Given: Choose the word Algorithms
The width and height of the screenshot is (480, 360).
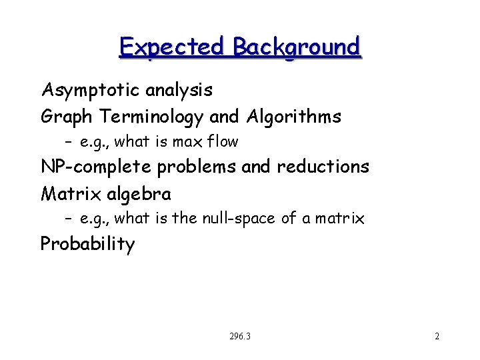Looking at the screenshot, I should click(x=293, y=117).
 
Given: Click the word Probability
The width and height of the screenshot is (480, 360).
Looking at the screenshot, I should click(x=87, y=244).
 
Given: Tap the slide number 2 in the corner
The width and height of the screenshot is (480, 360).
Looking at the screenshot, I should click(x=437, y=337).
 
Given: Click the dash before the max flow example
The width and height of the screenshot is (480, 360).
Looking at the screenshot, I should click(x=69, y=142).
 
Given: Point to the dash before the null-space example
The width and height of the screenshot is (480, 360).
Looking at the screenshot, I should click(x=69, y=219).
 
